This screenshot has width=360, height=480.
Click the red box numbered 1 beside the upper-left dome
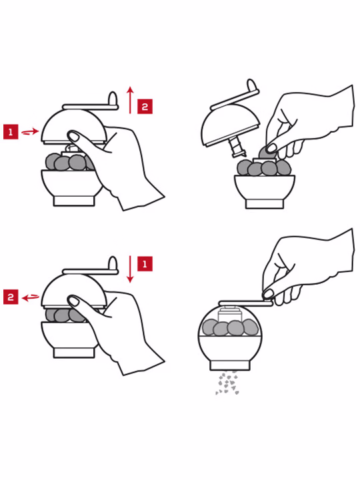11,131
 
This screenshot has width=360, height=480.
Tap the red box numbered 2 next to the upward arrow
145,107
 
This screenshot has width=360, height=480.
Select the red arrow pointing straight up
131,100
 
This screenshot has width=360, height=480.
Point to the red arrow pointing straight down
131,269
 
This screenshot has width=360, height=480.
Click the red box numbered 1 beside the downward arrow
145,264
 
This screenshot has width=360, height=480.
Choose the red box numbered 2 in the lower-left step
11,297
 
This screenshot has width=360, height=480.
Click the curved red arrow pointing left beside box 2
31,297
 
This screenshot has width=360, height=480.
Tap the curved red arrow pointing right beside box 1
30,132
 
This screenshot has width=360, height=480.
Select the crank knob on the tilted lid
251,85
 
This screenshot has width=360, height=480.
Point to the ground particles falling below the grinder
227,383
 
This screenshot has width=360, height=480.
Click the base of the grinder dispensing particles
229,365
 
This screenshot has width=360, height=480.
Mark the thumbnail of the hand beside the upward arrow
73,136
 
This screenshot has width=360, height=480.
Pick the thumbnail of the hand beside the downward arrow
73,301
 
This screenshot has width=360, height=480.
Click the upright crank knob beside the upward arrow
113,99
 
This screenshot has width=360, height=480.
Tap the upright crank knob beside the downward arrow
113,263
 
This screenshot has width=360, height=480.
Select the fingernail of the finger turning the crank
268,294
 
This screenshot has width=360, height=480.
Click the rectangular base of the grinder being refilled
265,204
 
